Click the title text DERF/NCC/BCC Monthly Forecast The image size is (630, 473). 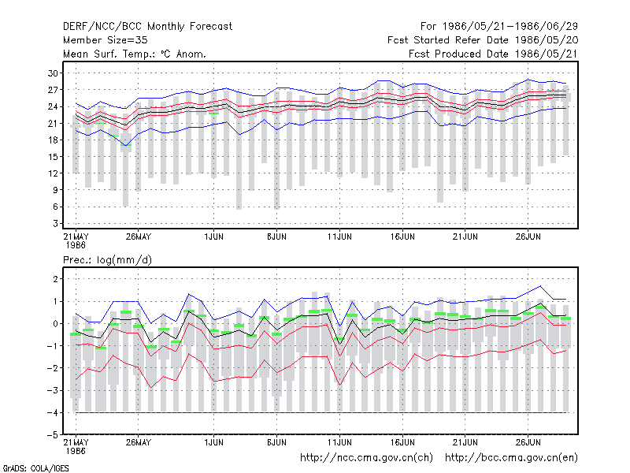147,27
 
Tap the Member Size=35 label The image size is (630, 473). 106,40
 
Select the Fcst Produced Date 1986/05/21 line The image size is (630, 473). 493,54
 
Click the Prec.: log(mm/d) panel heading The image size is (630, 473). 107,260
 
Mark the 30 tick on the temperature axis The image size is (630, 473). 53,73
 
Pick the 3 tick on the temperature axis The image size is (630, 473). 55,223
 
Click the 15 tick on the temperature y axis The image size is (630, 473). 53,156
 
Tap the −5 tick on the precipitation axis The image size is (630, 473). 52,435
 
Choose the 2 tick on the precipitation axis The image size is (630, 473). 55,279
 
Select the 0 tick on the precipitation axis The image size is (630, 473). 55,323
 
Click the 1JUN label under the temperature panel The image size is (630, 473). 213,237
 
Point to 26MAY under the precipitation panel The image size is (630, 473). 139,442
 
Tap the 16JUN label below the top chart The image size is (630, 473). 402,237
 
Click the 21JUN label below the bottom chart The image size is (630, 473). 465,442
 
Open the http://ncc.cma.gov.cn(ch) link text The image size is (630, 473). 366,458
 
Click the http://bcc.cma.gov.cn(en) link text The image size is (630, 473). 511,458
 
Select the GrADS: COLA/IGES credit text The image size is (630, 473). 35,468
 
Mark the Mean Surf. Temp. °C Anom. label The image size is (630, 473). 135,54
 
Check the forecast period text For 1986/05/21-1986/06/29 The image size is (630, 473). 499,27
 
